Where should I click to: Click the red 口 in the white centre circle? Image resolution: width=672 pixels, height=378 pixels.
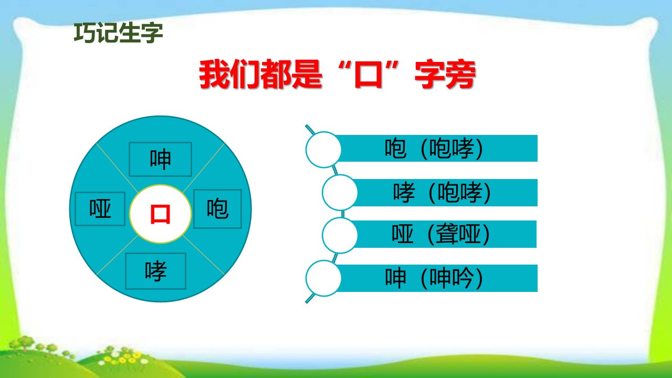pos(160,214)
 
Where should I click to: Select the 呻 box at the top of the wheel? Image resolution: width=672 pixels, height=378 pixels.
pos(160,159)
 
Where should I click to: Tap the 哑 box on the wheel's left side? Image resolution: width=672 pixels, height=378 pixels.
pos(100,209)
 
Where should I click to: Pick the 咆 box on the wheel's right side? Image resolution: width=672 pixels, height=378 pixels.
pos(217,209)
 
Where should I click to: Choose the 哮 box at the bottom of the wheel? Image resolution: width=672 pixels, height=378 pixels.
pos(156,271)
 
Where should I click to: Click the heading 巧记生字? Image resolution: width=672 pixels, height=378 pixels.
pos(118,33)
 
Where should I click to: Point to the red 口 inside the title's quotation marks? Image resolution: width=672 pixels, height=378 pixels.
pos(368,75)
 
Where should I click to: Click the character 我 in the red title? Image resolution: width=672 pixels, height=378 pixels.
pos(214,75)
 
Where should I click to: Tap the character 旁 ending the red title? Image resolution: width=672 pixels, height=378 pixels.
pos(460,75)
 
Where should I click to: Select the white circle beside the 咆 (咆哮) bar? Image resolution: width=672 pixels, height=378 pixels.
pos(323,150)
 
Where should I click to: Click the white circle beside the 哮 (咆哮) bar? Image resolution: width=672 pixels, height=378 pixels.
pos(340,193)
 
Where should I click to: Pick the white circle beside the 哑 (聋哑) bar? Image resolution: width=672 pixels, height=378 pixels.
pos(340,236)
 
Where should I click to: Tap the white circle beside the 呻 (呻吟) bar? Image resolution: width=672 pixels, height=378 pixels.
pos(323,278)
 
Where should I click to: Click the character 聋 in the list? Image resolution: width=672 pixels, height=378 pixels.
pos(446,234)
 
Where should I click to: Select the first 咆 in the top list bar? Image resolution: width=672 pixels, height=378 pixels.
pos(395,148)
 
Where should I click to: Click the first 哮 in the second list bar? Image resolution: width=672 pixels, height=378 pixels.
pos(404,192)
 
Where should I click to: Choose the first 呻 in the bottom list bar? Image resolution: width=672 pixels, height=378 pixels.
pos(395,278)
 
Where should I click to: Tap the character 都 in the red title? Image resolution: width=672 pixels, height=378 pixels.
pos(276,75)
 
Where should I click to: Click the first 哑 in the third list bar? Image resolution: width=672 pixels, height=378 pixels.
pos(403,234)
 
